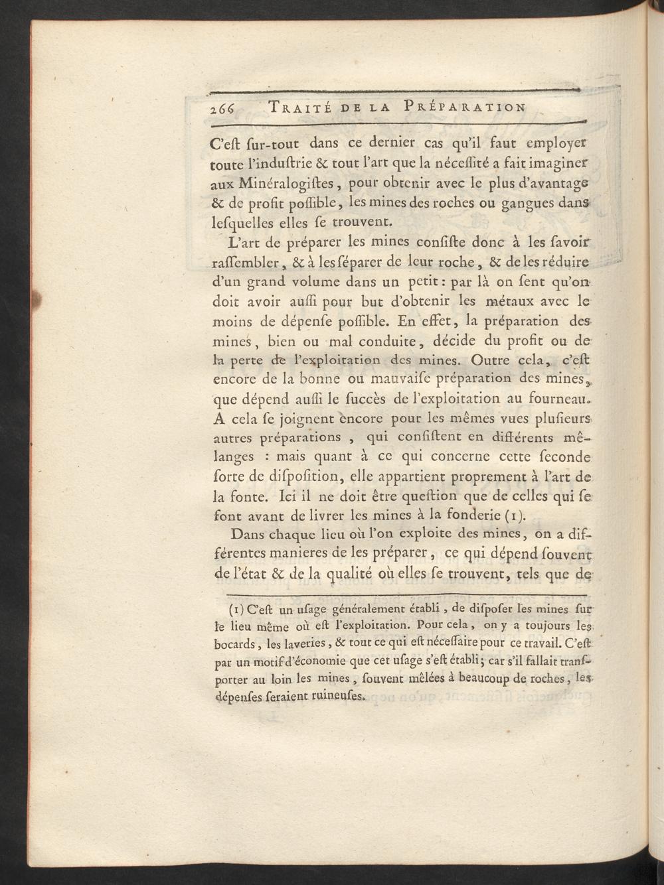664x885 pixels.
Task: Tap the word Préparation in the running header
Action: click(x=465, y=107)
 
